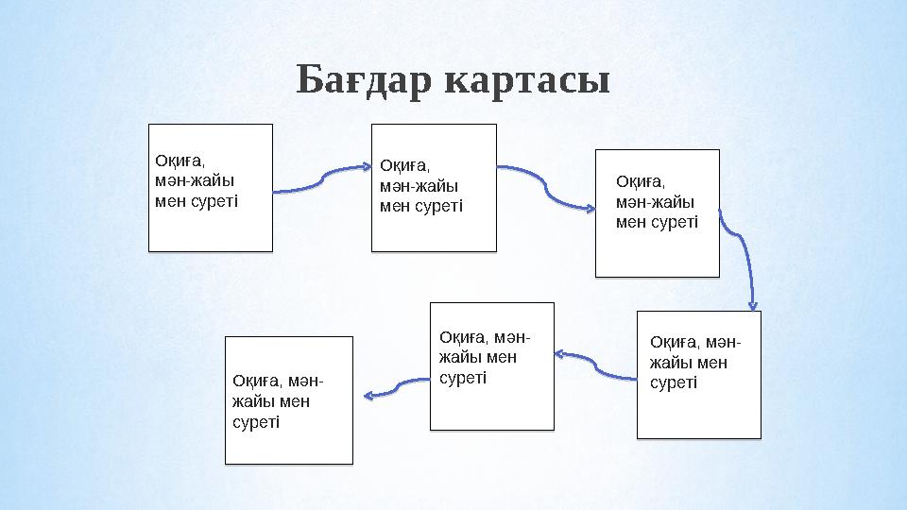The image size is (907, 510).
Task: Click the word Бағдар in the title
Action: tap(364, 81)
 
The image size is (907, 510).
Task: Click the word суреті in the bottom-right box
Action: tap(674, 382)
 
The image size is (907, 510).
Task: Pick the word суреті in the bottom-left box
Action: tap(256, 421)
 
